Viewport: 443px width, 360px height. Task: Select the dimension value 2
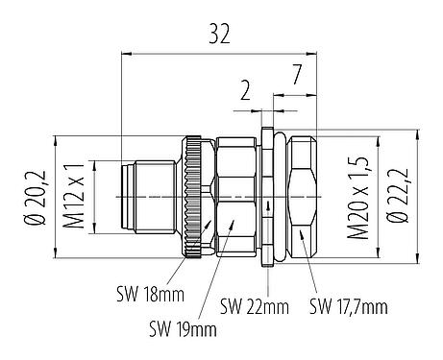click(245, 92)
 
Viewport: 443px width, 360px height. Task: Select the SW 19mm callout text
click(184, 328)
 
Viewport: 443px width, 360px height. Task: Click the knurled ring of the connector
click(197, 197)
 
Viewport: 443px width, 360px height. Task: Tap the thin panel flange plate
click(269, 197)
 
